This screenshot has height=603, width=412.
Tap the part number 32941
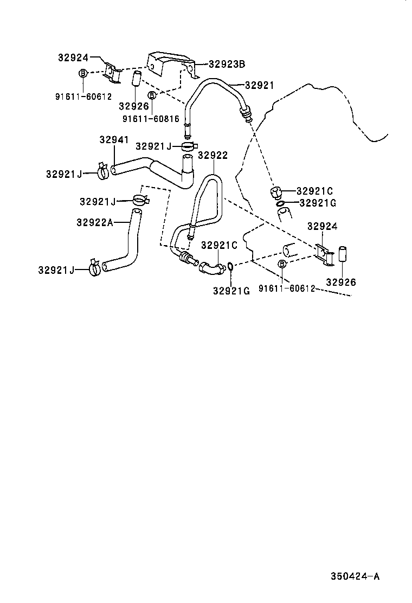coord(114,139)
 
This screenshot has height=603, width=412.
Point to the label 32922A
coord(94,222)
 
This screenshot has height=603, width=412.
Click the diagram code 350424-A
coord(355,576)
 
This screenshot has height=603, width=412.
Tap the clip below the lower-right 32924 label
coord(324,255)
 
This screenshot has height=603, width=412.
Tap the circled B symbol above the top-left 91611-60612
coord(83,74)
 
